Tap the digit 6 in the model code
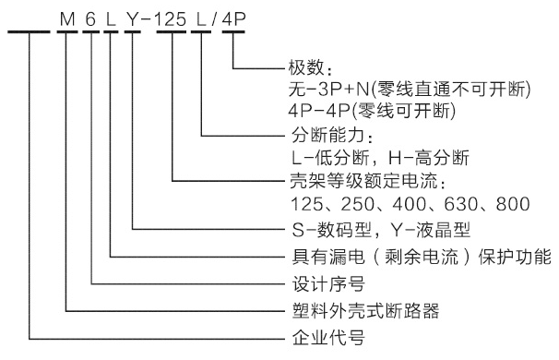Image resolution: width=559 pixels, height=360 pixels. point(90,16)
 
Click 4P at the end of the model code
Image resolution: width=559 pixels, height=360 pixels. point(232,16)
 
